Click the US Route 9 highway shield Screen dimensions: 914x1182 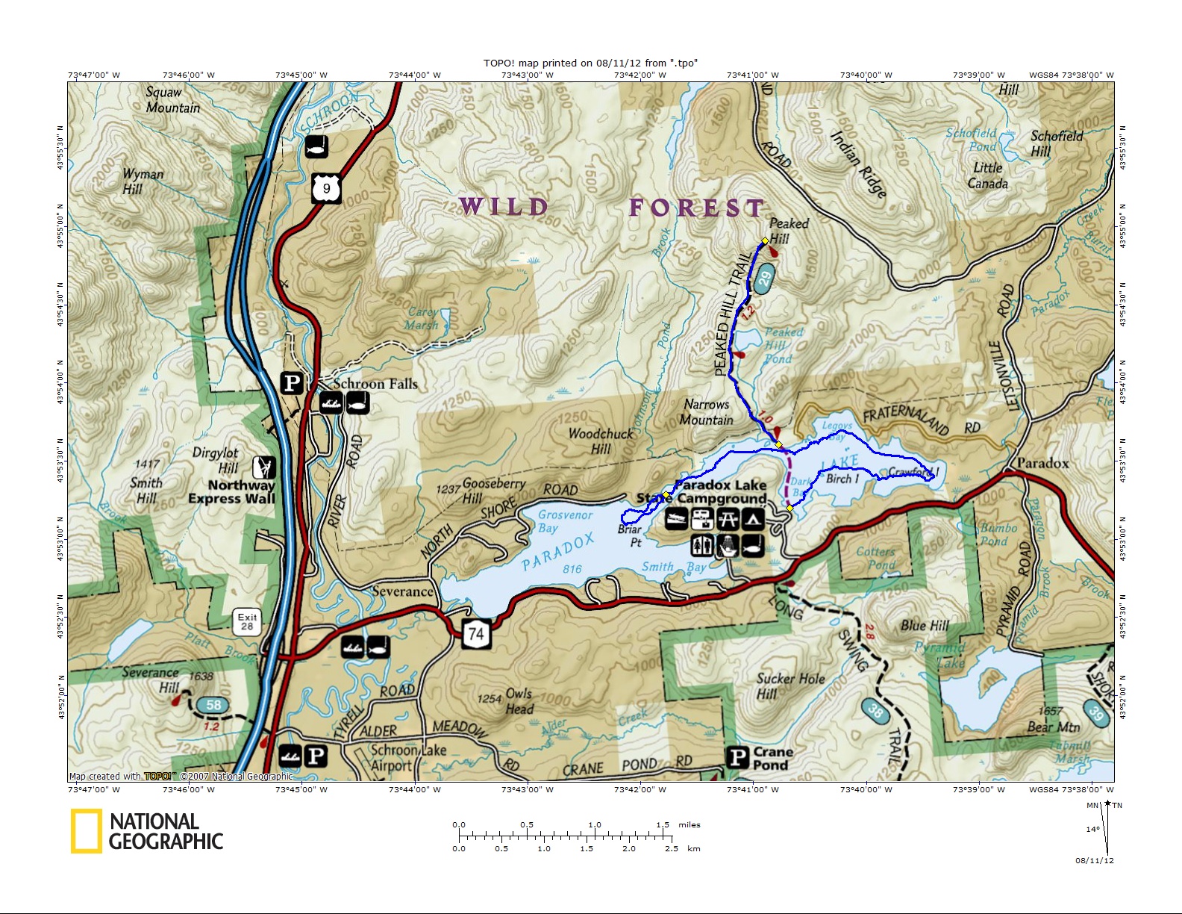pyautogui.click(x=326, y=188)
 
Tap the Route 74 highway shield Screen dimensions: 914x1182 pyautogui.click(x=476, y=635)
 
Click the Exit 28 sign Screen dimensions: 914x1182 pyautogui.click(x=247, y=621)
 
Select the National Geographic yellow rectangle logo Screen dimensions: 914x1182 pyautogui.click(x=86, y=831)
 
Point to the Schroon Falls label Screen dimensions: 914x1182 pyautogui.click(x=375, y=384)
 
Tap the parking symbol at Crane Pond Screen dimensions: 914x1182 pyautogui.click(x=738, y=757)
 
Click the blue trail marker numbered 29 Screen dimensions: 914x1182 pyautogui.click(x=764, y=280)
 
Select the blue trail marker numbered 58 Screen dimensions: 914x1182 pyautogui.click(x=213, y=704)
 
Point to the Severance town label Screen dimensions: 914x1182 pyautogui.click(x=402, y=591)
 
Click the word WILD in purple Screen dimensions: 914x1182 pyautogui.click(x=504, y=207)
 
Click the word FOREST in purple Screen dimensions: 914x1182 pyautogui.click(x=696, y=208)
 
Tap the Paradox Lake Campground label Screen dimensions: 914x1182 pyautogui.click(x=721, y=491)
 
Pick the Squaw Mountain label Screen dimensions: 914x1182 pyautogui.click(x=172, y=100)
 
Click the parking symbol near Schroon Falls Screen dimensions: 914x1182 pyautogui.click(x=292, y=383)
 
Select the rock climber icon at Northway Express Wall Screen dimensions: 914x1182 pyautogui.click(x=263, y=467)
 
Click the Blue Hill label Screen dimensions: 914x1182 pyautogui.click(x=925, y=625)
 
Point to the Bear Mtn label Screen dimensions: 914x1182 pyautogui.click(x=1053, y=727)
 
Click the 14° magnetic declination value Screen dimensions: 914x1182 pyautogui.click(x=1092, y=830)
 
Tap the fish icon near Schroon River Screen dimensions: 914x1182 pyautogui.click(x=316, y=146)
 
